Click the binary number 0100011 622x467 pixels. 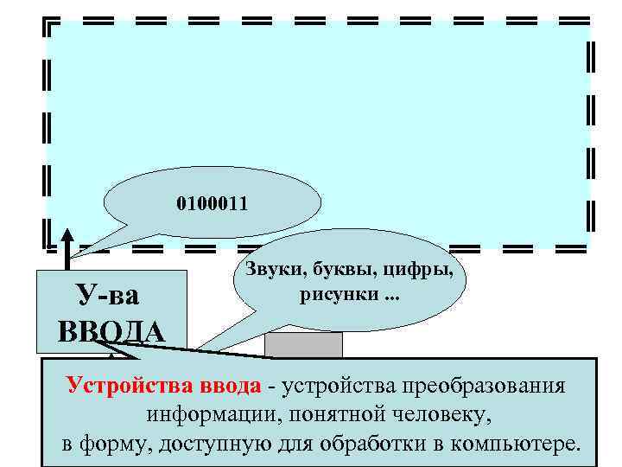click(x=212, y=205)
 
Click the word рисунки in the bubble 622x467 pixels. click(x=329, y=297)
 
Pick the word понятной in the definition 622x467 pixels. click(x=329, y=416)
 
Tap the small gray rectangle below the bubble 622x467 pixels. click(x=303, y=345)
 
